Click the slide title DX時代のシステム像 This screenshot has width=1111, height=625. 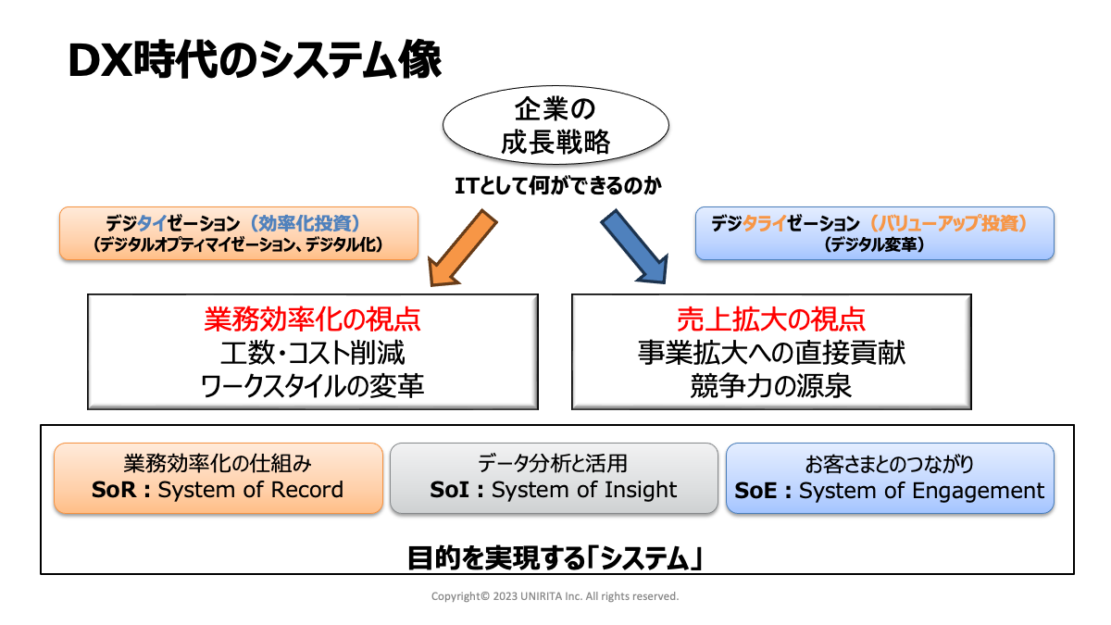[x=255, y=60]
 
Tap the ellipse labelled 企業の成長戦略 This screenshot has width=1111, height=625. [x=555, y=125]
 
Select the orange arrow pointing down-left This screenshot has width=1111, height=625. [x=462, y=248]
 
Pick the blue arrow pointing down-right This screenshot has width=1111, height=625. [x=635, y=246]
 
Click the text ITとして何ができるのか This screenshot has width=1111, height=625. [x=558, y=186]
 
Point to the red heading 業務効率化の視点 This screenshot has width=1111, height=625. [x=313, y=319]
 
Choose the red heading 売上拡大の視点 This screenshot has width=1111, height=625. [x=771, y=319]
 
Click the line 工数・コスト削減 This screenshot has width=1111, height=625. [x=313, y=353]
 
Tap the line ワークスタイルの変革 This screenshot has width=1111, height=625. [x=313, y=386]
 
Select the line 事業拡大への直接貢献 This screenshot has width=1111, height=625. [x=771, y=353]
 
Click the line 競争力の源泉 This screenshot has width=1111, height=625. [x=771, y=386]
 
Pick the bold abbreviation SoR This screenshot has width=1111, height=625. [x=114, y=490]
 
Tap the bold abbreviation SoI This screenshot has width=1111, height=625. [x=449, y=490]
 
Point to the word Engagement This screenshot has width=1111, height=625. [x=978, y=492]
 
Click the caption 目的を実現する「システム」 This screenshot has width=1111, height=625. [x=555, y=558]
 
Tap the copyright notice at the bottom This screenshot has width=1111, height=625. [x=555, y=596]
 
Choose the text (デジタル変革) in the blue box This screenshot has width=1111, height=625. [x=874, y=244]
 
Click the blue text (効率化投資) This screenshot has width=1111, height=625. [x=305, y=223]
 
